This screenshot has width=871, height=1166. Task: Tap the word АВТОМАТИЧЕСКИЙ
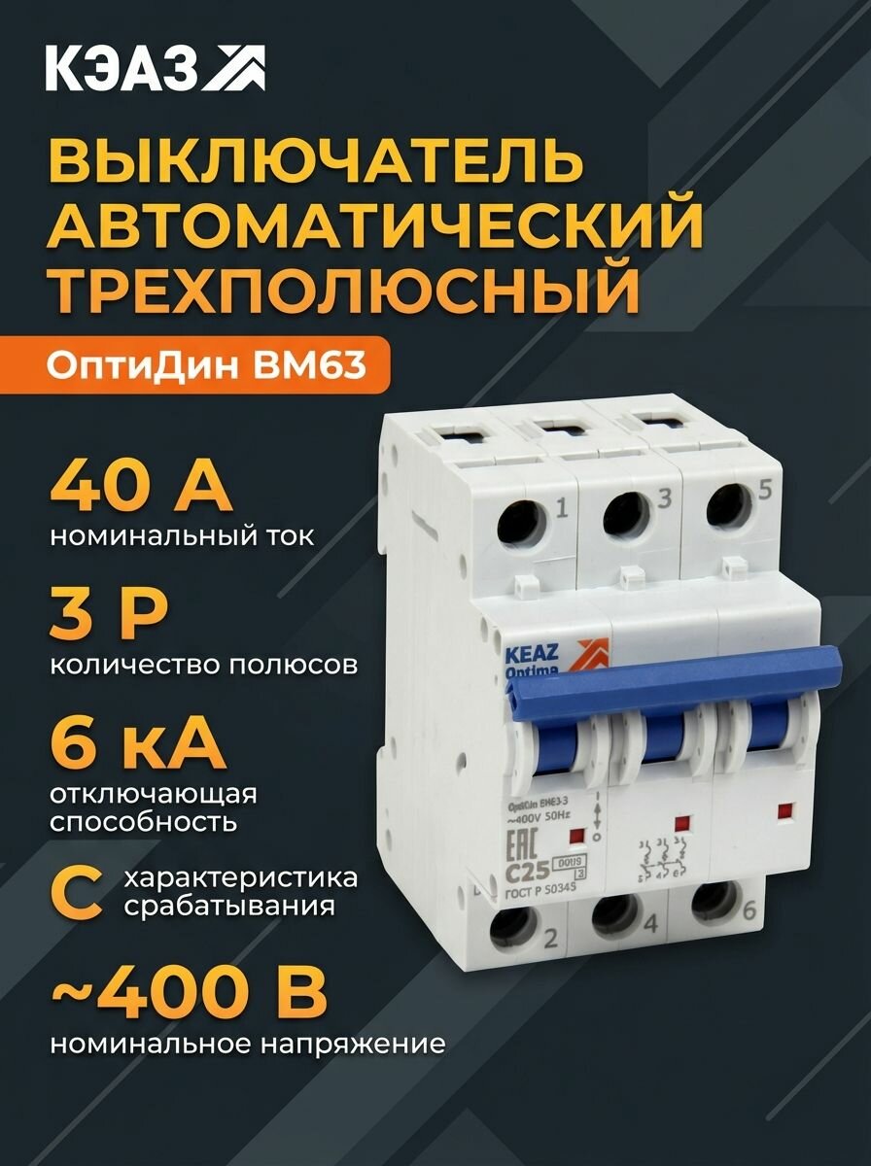pyautogui.click(x=374, y=224)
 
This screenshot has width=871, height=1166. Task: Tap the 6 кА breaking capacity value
pyautogui.click(x=136, y=743)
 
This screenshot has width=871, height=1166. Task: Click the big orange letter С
pyautogui.click(x=78, y=892)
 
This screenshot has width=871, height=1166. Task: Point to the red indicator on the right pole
pyautogui.click(x=784, y=808)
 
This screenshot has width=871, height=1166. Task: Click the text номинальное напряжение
pyautogui.click(x=248, y=1046)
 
